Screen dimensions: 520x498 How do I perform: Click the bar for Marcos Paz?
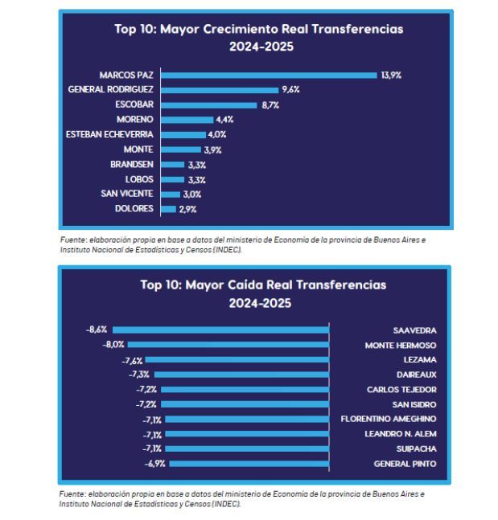pos(269,75)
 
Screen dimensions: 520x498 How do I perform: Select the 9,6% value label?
pos(290,90)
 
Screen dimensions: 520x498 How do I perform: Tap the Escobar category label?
pos(134,105)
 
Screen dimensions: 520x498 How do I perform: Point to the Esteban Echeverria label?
pos(109,134)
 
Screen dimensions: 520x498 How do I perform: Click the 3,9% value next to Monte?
pos(212,149)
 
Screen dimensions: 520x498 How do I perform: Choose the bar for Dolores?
pos(168,209)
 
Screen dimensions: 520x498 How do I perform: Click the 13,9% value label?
pos(391,75)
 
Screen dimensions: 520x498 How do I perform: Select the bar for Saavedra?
pos(221,330)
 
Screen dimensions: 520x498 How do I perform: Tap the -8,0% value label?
pos(114,345)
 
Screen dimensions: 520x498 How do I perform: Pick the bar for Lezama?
pos(237,359)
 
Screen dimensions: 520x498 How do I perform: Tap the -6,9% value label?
pos(154,464)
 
